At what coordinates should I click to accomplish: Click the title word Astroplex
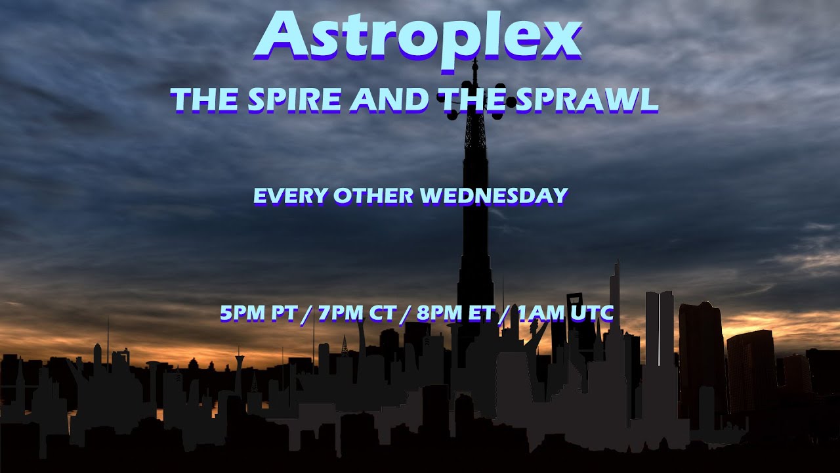(x=417, y=36)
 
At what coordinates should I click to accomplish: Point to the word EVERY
(x=290, y=196)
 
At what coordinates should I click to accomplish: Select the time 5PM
(x=243, y=313)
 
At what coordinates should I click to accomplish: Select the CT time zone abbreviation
(x=382, y=313)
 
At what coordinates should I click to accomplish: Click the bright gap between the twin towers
(x=659, y=328)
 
